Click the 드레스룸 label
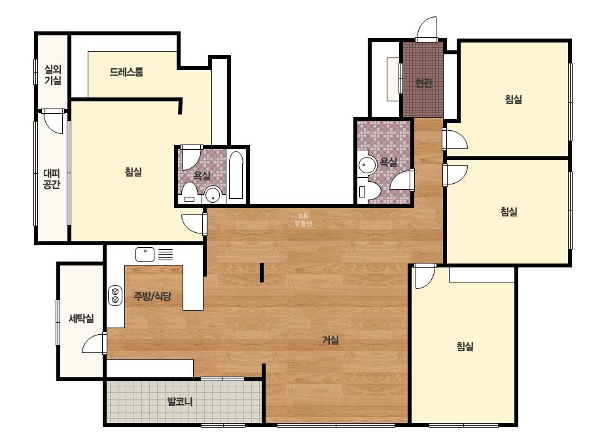(x=126, y=72)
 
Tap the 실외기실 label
(x=53, y=75)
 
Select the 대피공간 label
(x=52, y=179)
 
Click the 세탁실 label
(x=81, y=318)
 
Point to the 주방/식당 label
(x=152, y=296)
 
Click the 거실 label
(x=330, y=340)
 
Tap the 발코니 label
(x=180, y=401)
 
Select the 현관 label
(x=424, y=83)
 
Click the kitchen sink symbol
(x=145, y=254)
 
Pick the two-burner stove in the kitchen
(x=115, y=296)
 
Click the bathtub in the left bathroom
(x=236, y=175)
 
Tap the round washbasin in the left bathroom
(x=213, y=195)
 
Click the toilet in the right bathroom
(x=368, y=192)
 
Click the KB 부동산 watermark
(x=303, y=220)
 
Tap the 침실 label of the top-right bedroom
(x=513, y=99)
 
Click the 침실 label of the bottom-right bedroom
(x=465, y=347)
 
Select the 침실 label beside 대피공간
(x=133, y=172)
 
